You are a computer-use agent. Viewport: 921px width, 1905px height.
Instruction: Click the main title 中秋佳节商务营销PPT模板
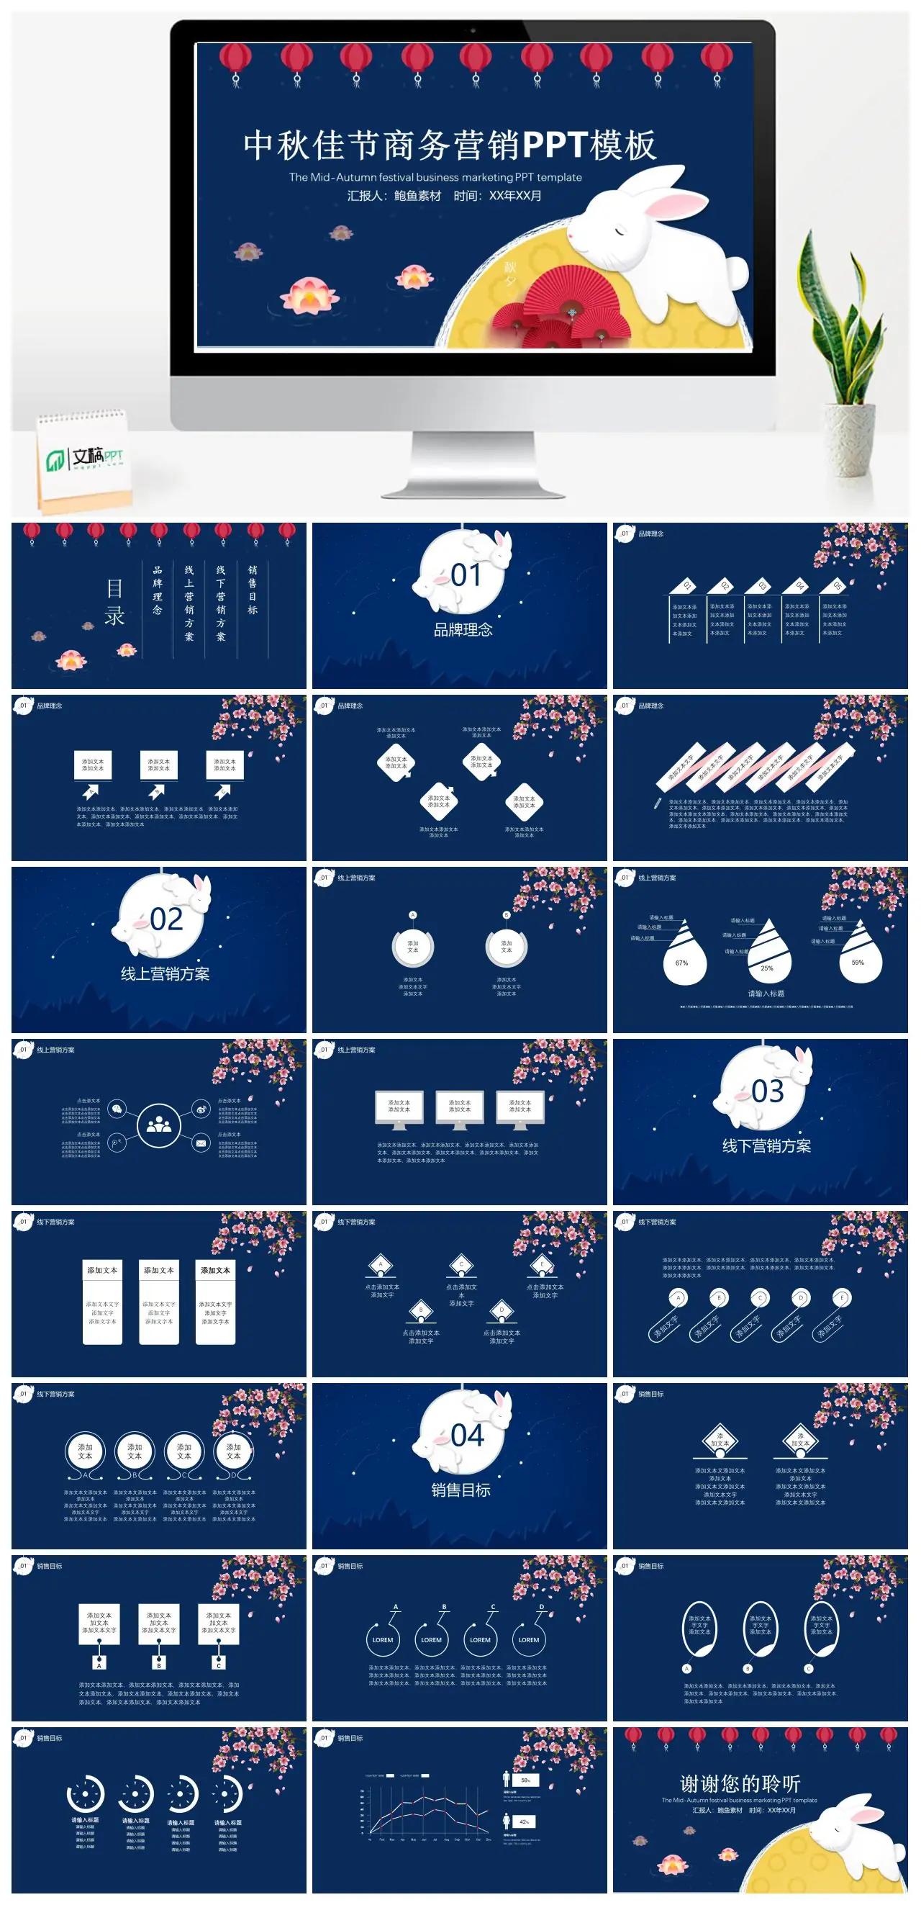[450, 145]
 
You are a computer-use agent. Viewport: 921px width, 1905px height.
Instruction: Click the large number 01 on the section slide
[466, 575]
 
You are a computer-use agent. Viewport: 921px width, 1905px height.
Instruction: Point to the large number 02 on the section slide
[165, 920]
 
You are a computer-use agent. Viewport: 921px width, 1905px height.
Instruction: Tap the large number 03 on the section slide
[766, 1091]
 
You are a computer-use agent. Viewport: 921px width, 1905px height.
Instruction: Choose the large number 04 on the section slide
[466, 1436]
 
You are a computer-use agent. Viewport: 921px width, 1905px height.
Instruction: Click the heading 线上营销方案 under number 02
[165, 974]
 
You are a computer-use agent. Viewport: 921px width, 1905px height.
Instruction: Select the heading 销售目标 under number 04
[460, 1490]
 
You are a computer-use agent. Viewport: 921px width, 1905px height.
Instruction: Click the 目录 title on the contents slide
[114, 601]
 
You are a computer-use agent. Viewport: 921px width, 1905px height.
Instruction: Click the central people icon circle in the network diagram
[158, 1125]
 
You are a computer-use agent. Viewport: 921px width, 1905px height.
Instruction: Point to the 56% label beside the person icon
[525, 1780]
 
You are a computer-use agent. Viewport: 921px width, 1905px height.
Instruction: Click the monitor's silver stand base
[473, 489]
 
